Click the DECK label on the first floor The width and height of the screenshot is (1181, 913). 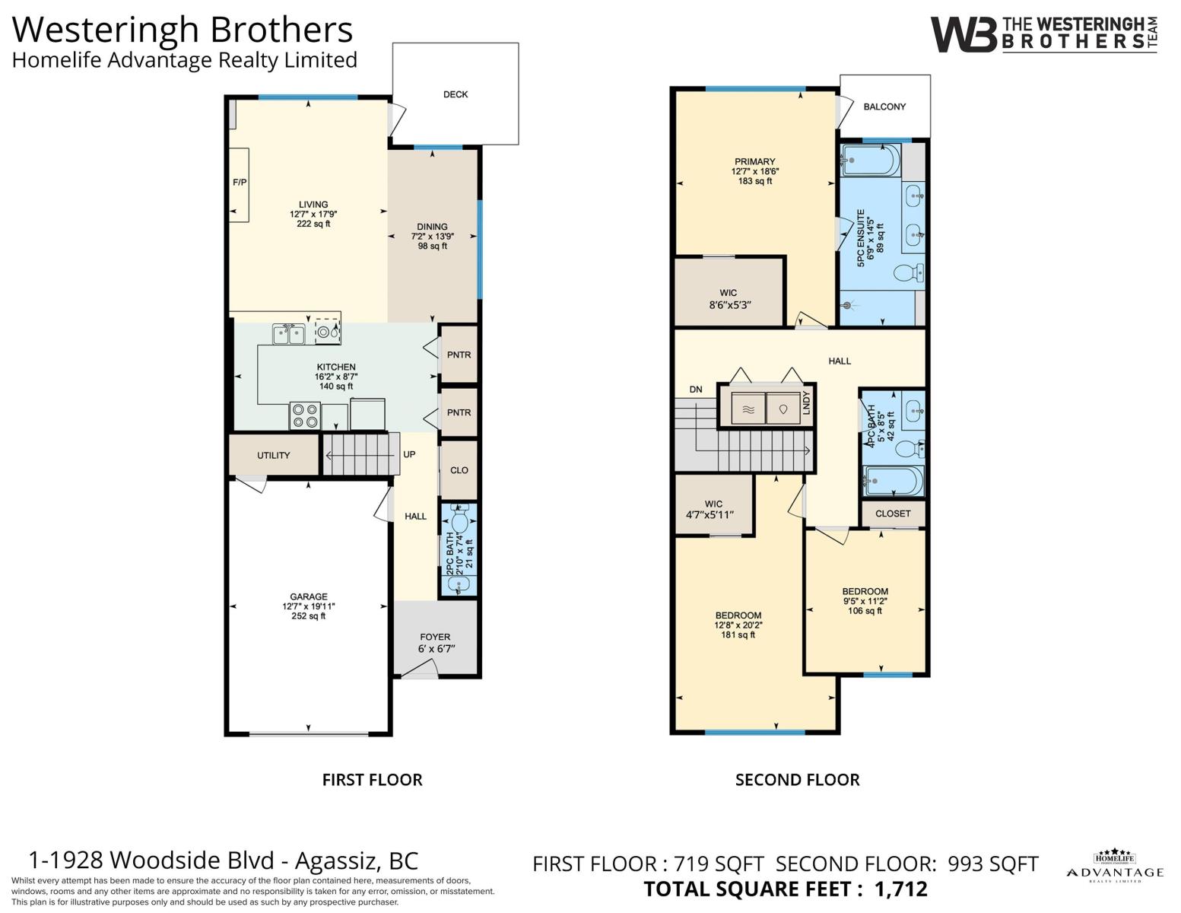click(456, 94)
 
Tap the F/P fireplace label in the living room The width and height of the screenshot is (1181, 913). click(240, 182)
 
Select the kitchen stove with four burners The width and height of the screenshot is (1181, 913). click(304, 416)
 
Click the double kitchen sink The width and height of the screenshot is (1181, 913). click(288, 334)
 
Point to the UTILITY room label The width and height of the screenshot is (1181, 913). click(273, 455)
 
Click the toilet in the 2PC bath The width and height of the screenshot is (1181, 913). click(459, 520)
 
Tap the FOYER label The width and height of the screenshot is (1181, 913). click(435, 637)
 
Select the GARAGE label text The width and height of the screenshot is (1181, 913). click(309, 596)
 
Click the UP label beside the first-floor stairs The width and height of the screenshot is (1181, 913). click(409, 454)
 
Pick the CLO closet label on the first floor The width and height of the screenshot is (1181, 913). click(459, 470)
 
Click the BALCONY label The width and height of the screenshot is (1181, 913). click(884, 107)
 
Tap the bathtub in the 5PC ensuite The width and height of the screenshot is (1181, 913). click(871, 160)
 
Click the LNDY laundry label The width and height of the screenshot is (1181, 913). click(807, 403)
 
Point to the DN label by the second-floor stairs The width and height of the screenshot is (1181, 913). click(696, 390)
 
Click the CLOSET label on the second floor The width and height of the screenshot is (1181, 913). click(893, 514)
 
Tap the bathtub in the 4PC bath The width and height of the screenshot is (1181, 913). click(894, 481)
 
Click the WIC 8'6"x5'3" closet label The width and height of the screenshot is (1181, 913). click(729, 300)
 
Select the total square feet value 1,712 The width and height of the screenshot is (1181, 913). click(900, 889)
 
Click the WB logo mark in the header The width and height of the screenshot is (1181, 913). click(964, 34)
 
